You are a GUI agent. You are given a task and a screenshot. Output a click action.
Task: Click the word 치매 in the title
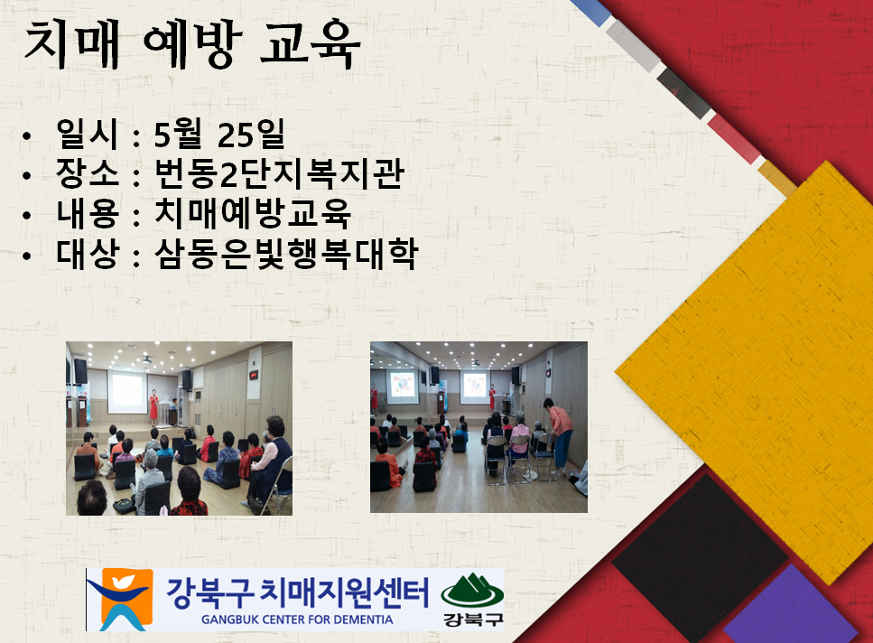tap(72, 44)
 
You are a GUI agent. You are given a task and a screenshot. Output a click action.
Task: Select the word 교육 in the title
tap(311, 43)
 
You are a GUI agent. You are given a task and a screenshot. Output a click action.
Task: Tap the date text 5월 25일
tap(219, 135)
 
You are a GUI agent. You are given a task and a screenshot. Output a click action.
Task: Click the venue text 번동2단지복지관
tap(279, 173)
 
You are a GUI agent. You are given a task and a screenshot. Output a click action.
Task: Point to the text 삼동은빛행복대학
tap(286, 254)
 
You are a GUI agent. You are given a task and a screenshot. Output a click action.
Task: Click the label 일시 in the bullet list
tap(88, 135)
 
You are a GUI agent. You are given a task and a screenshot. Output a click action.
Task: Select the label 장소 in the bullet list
tap(88, 173)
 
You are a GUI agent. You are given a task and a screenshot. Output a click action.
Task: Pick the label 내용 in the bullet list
tap(88, 214)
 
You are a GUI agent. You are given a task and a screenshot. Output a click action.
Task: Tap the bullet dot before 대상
tap(27, 256)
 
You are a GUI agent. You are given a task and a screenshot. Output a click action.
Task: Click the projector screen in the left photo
tap(127, 393)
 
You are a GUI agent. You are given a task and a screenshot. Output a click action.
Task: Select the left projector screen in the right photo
tap(403, 387)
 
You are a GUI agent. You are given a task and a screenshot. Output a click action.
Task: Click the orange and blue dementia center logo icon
tap(120, 600)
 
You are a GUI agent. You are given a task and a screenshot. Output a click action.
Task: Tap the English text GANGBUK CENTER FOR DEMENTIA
tap(297, 620)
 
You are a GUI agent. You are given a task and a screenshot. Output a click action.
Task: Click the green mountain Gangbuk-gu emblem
tap(472, 599)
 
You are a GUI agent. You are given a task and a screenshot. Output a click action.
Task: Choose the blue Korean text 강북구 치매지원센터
tap(297, 593)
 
